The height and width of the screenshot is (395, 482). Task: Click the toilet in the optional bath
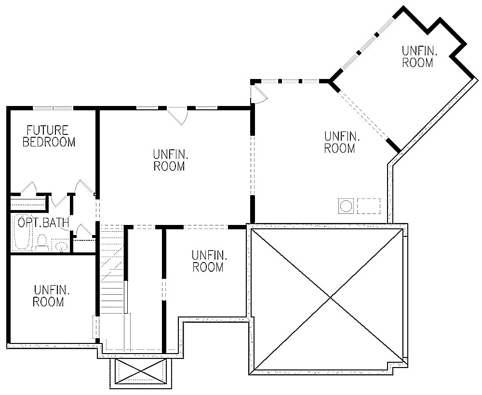42,241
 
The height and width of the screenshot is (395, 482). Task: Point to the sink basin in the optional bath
61,246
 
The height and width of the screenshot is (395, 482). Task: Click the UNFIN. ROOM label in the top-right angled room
417,56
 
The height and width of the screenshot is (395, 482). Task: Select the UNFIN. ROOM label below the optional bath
49,296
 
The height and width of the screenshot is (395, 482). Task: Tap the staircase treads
112,270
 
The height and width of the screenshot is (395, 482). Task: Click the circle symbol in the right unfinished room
346,206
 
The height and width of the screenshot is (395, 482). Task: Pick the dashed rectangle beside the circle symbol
368,206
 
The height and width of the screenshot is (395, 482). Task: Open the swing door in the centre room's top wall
177,116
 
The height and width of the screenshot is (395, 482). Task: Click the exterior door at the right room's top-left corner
258,94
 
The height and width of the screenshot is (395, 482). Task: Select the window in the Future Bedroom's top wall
53,108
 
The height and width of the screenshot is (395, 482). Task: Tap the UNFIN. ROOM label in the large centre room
169,160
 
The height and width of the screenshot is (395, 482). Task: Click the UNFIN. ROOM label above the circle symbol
339,143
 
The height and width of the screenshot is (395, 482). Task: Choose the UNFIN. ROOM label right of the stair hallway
208,261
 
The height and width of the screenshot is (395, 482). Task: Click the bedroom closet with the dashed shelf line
29,201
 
